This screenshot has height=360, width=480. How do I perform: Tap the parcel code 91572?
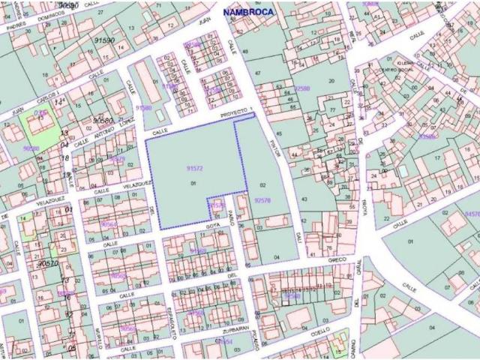pyautogui.click(x=195, y=169)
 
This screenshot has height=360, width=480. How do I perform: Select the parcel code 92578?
pyautogui.click(x=262, y=200)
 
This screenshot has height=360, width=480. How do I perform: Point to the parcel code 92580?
pyautogui.click(x=302, y=88)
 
